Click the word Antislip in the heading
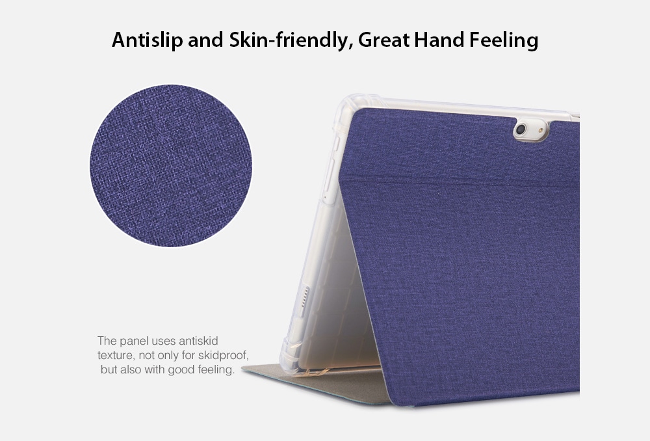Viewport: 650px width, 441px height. coord(147,40)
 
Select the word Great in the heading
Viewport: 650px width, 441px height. coord(384,40)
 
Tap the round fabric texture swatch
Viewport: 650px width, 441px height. coord(171,166)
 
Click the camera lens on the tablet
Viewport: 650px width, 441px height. coord(521,129)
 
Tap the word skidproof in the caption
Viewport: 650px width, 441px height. coord(223,356)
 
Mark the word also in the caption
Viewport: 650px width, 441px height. coord(131,369)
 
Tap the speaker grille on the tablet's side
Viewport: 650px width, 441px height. coord(305,297)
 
